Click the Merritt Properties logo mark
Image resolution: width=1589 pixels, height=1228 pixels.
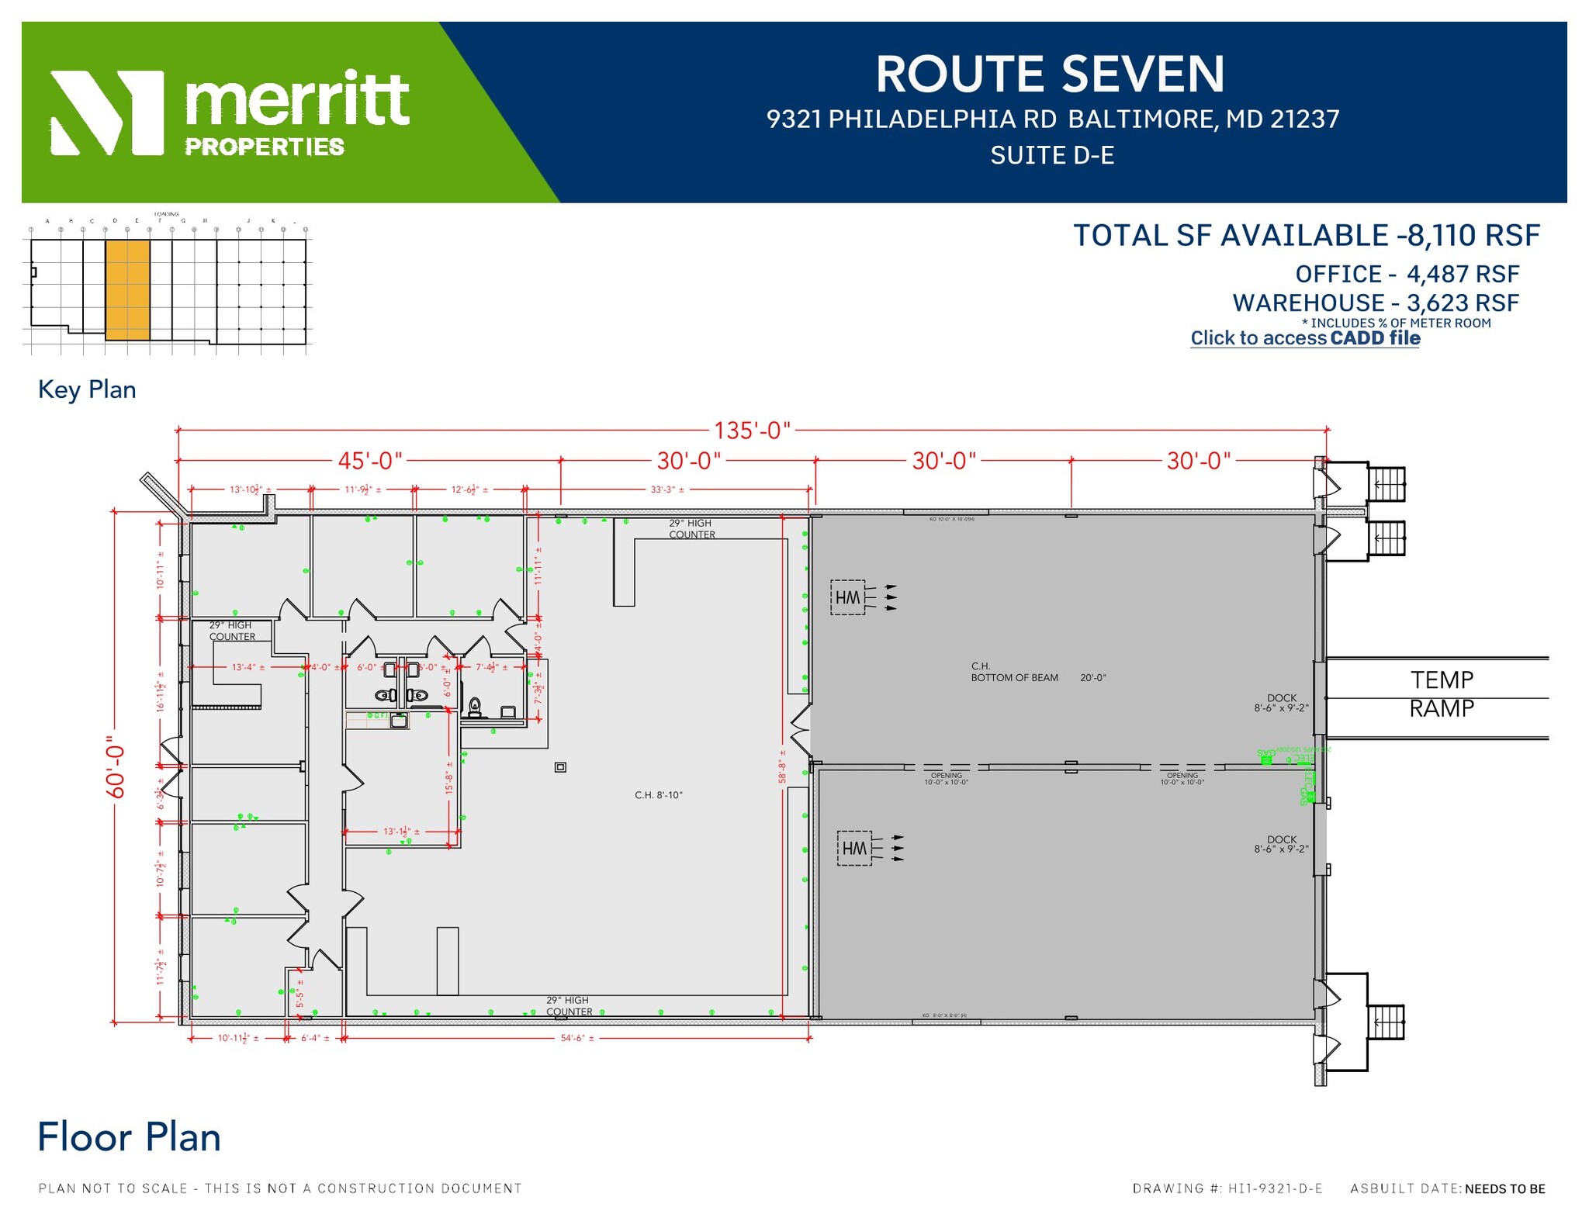coord(107,112)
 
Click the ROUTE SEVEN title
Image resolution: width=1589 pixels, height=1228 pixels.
coord(1050,74)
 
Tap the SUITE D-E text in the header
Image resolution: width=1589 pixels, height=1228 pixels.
coord(1052,156)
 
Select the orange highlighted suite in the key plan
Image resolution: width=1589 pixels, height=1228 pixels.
coord(127,289)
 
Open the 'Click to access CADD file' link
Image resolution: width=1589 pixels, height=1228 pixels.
coord(1305,338)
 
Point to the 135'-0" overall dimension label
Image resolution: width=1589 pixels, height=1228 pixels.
coord(752,430)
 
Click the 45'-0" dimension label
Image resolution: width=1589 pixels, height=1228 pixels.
coord(370,461)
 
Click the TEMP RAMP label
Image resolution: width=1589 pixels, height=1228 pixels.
coord(1441,694)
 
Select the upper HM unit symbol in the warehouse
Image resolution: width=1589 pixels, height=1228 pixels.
coord(847,597)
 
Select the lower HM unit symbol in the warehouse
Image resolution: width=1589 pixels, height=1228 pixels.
coord(854,849)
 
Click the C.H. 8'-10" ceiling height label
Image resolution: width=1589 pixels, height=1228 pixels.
coord(658,795)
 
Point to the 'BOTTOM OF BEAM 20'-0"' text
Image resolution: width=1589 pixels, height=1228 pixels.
coord(1038,678)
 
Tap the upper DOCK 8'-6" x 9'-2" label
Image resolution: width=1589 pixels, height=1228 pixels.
coord(1281,703)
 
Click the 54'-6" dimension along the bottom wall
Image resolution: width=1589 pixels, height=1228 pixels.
coord(577,1038)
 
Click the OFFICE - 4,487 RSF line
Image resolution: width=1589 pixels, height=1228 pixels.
coord(1407,275)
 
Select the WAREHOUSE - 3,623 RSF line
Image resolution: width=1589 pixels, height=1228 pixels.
coord(1375,303)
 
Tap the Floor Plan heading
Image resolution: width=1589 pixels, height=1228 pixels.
coord(129,1137)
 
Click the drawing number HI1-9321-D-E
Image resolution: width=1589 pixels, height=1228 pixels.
coord(1275,1188)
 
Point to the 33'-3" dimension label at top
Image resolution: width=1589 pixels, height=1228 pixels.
coord(667,489)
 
